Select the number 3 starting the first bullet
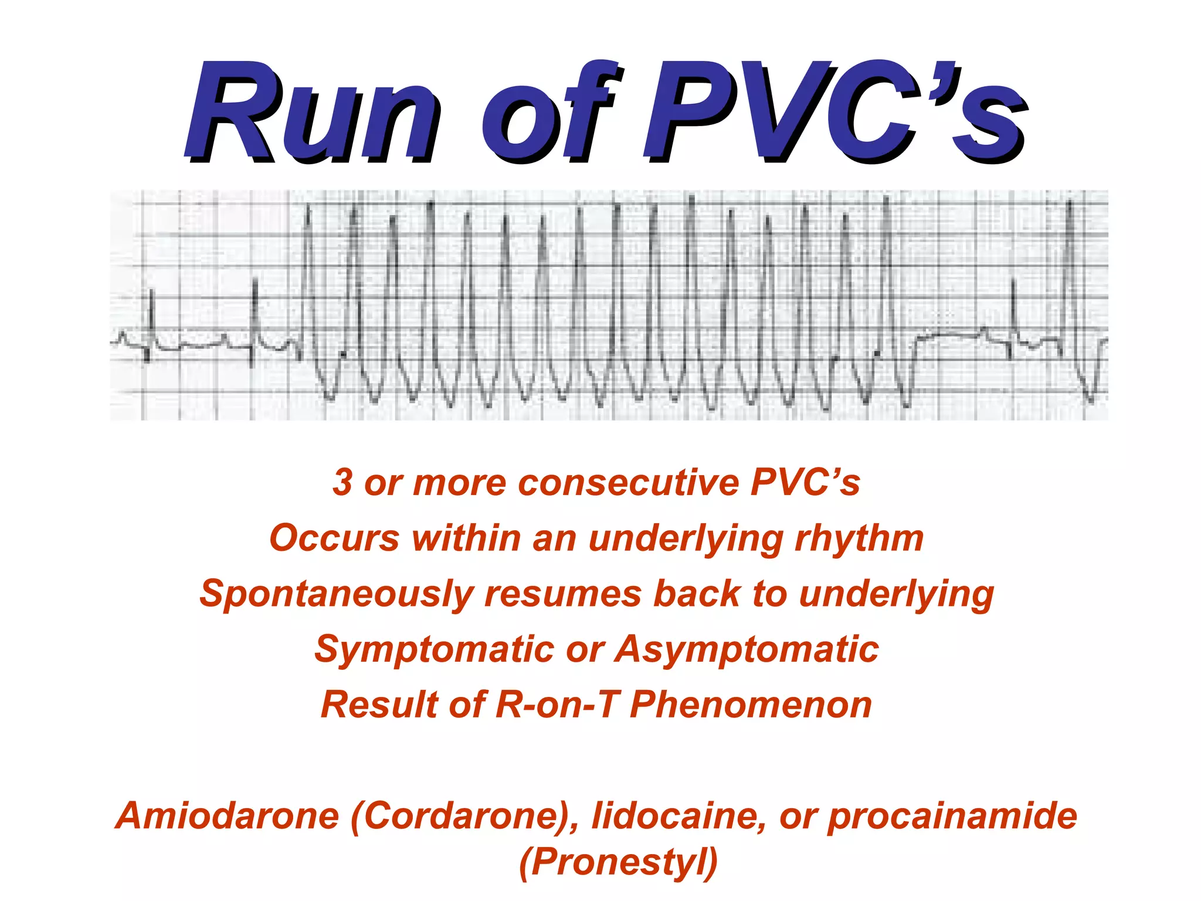(x=342, y=482)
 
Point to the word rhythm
(x=859, y=538)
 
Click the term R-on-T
(x=556, y=704)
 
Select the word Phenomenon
(x=751, y=704)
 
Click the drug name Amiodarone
(x=228, y=816)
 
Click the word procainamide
(x=952, y=816)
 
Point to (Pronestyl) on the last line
(x=618, y=862)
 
